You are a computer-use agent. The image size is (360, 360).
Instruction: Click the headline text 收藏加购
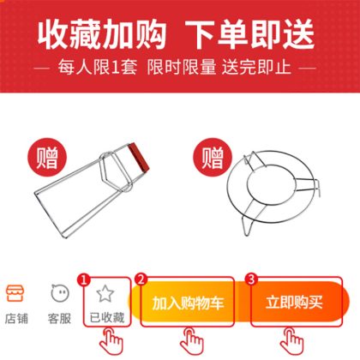(102, 35)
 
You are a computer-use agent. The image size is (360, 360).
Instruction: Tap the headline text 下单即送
(250, 35)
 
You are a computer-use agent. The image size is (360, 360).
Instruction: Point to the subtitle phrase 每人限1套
(98, 68)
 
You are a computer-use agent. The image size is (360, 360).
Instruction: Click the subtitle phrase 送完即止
(256, 68)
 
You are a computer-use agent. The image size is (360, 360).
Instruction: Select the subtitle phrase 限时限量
(182, 68)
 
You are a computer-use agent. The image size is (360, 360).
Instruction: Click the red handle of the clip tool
(139, 158)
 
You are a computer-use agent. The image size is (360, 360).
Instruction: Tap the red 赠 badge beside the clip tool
(47, 157)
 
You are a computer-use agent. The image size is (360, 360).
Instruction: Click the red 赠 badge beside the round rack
(213, 157)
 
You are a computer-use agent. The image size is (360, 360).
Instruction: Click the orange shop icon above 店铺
(15, 293)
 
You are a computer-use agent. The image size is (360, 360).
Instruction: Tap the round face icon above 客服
(60, 293)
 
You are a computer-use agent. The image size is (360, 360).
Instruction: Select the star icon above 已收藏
(105, 293)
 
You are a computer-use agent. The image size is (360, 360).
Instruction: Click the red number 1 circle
(84, 279)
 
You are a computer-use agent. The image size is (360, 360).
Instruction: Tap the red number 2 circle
(141, 279)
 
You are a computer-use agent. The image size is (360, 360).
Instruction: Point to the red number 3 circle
(251, 279)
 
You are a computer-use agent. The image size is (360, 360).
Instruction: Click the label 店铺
(16, 318)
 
